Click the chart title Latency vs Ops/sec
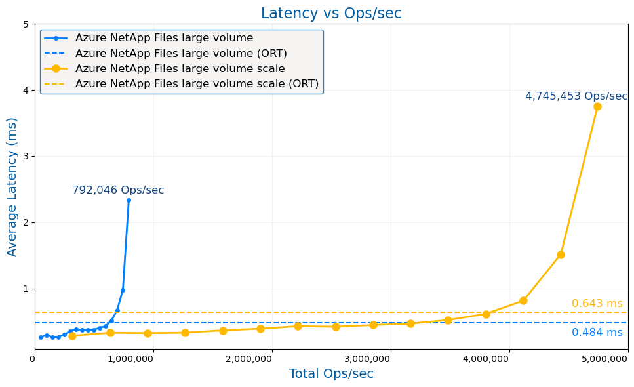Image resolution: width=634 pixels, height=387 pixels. (x=331, y=14)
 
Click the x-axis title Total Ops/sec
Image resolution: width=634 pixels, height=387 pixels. (x=331, y=374)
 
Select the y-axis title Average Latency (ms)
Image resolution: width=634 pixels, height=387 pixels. (x=12, y=187)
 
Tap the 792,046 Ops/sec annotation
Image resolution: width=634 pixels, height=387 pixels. (x=118, y=190)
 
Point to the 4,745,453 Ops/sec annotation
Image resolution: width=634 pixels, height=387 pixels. (x=576, y=96)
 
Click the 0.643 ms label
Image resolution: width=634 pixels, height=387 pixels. (x=597, y=304)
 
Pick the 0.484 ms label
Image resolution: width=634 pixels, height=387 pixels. (x=597, y=333)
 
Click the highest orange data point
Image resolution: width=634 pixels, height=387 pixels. (x=597, y=106)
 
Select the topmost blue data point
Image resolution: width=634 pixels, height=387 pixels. (x=129, y=200)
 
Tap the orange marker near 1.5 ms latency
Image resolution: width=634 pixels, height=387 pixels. (x=561, y=255)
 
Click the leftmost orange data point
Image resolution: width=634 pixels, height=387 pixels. (x=72, y=336)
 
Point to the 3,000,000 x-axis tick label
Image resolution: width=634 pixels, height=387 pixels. (x=391, y=359)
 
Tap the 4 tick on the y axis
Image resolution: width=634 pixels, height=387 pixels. (x=26, y=91)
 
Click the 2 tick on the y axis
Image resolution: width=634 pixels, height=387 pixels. (x=26, y=222)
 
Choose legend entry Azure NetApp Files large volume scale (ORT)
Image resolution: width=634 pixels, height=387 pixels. (x=197, y=84)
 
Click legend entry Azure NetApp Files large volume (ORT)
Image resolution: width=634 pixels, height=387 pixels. (x=181, y=54)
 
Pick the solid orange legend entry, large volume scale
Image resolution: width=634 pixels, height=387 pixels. (x=180, y=69)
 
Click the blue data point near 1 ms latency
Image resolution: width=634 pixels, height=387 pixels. (x=123, y=290)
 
